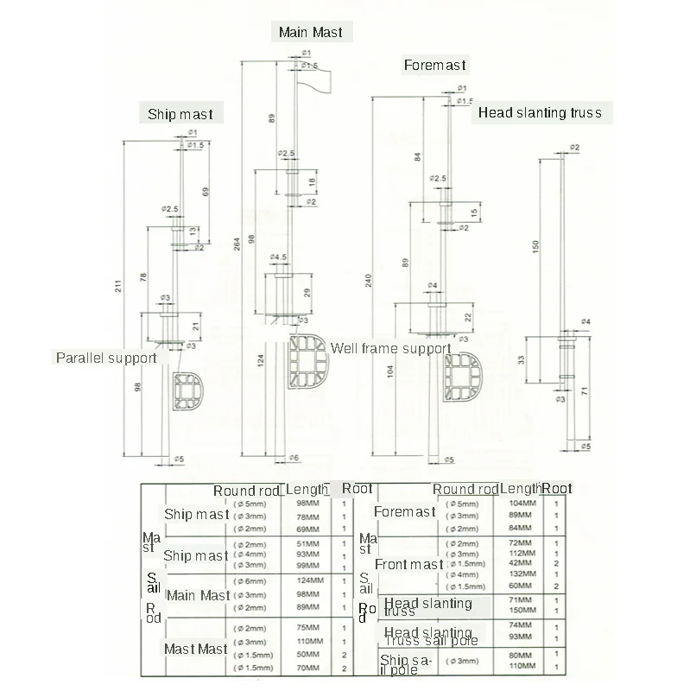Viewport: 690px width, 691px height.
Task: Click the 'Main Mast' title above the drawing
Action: click(x=310, y=33)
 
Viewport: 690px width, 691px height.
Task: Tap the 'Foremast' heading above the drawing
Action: click(x=434, y=65)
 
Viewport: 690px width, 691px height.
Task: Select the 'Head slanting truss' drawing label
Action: click(x=540, y=112)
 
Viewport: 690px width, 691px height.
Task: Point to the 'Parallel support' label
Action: click(x=106, y=358)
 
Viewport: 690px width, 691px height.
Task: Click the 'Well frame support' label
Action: click(x=391, y=349)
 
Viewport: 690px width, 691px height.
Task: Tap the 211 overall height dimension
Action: click(x=118, y=288)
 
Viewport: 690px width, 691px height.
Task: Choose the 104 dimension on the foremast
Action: click(x=390, y=371)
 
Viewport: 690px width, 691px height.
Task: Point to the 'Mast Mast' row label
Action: click(x=196, y=649)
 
